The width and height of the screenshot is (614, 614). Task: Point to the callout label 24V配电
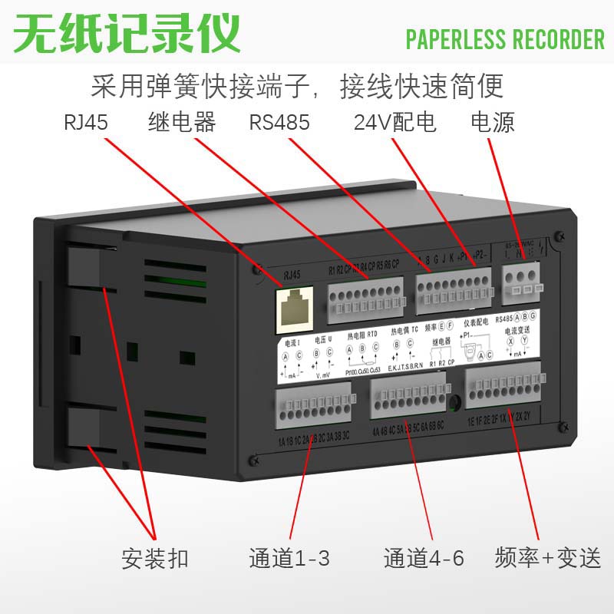(x=394, y=123)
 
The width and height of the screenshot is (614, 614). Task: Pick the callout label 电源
(x=492, y=122)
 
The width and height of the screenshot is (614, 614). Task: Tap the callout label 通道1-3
(x=289, y=558)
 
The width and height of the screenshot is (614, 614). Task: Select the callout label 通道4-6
(x=424, y=558)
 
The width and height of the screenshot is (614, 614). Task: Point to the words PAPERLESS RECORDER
(x=505, y=38)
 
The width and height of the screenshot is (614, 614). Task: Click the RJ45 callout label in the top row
(x=86, y=123)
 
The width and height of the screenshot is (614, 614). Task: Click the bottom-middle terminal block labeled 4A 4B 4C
(x=408, y=400)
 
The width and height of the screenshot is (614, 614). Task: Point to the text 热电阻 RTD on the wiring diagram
(x=362, y=335)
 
